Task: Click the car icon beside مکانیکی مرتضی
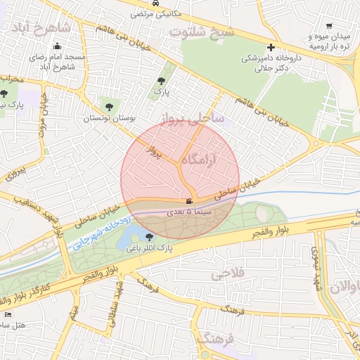pyautogui.click(x=164, y=4)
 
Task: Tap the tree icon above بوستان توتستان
pyautogui.click(x=108, y=107)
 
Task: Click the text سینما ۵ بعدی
pyautogui.click(x=188, y=211)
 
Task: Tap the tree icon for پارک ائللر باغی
pyautogui.click(x=148, y=237)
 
